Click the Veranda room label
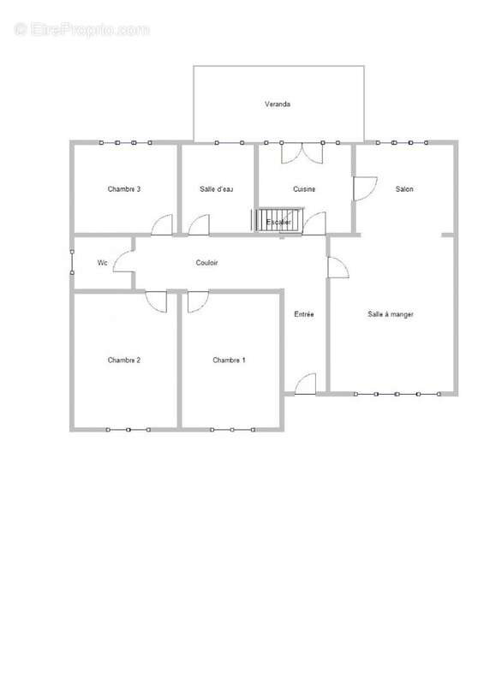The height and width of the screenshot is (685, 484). tap(278, 104)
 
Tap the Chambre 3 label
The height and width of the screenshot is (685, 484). tap(124, 189)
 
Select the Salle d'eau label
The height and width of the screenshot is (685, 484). tap(217, 189)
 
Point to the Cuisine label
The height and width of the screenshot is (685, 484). tap(304, 189)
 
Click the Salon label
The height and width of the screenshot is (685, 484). tap(404, 189)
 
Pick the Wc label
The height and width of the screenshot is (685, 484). tap(102, 263)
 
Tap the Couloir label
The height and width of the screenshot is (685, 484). tap(206, 263)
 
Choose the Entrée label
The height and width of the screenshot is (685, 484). tap(304, 314)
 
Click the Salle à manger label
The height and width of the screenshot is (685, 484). tap(391, 314)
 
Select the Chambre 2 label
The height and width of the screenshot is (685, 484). tap(124, 360)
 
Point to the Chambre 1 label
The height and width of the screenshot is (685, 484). tap(229, 360)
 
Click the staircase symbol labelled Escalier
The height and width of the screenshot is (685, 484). tap(278, 220)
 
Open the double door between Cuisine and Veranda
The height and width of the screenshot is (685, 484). tap(302, 153)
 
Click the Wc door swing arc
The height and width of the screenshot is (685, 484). tap(118, 258)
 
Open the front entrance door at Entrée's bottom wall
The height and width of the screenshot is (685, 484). tap(305, 384)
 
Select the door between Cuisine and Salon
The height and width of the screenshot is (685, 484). tap(365, 188)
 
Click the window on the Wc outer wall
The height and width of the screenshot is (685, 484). tap(72, 262)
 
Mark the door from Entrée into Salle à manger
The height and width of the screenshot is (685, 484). tap(338, 267)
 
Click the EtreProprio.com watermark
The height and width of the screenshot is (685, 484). tap(81, 30)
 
